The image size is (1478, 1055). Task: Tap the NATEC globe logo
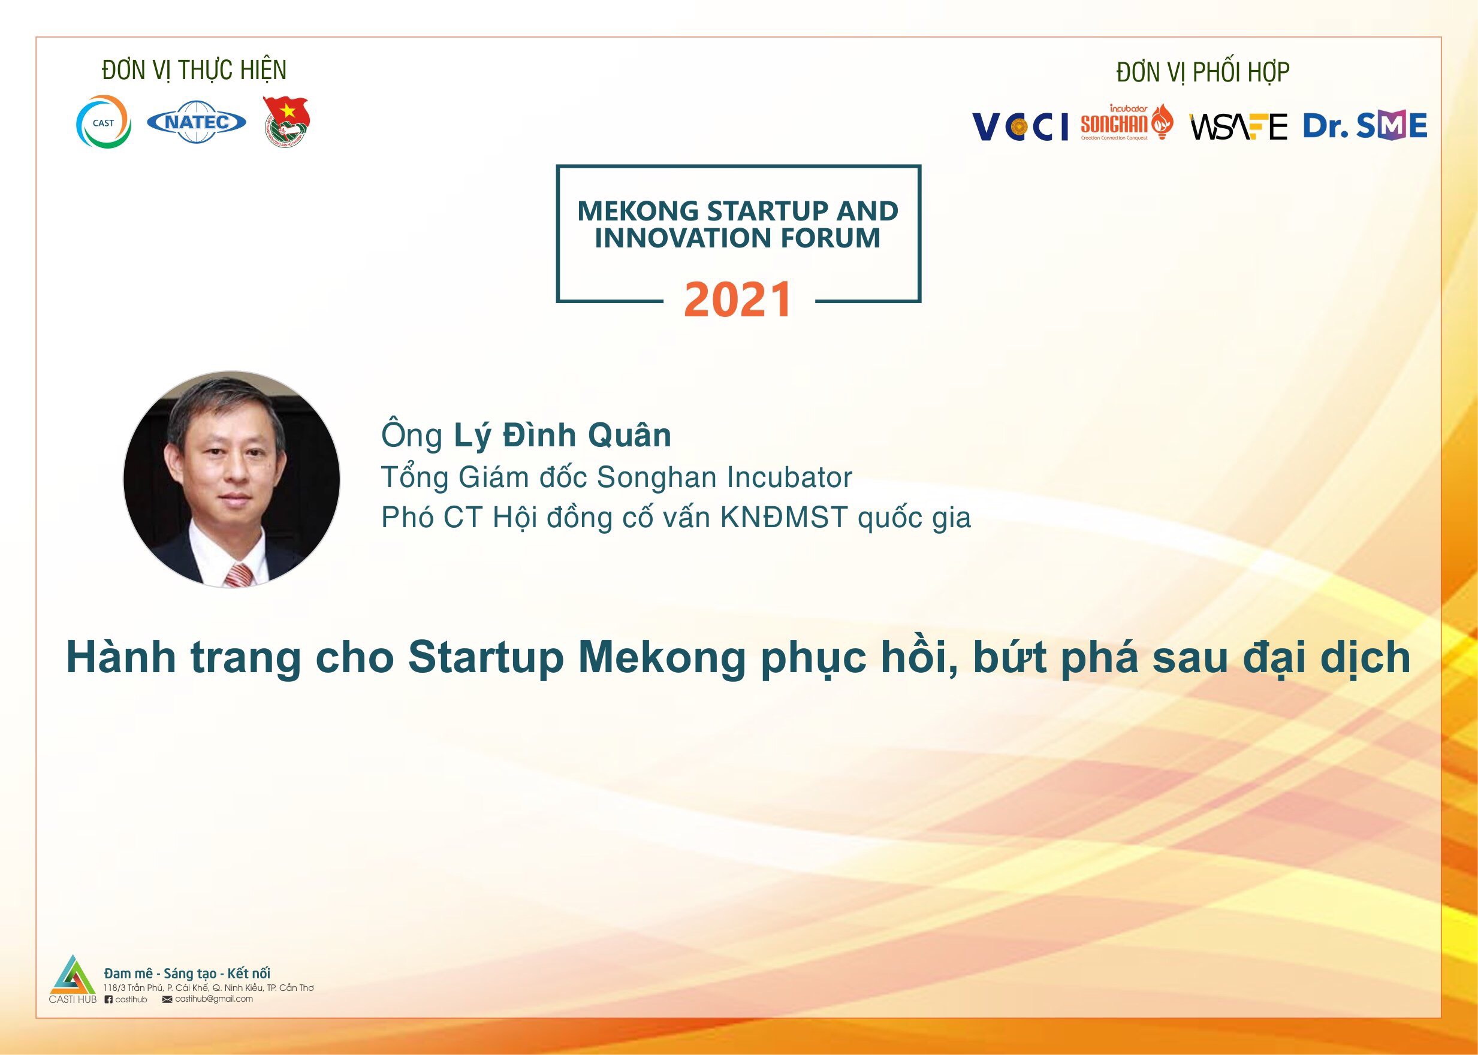(x=196, y=122)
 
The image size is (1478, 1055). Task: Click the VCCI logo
(x=1019, y=126)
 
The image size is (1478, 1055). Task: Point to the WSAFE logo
(x=1238, y=126)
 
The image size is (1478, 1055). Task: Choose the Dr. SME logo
(x=1365, y=125)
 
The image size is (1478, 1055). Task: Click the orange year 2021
(x=738, y=300)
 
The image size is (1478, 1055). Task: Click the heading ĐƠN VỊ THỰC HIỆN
(x=194, y=70)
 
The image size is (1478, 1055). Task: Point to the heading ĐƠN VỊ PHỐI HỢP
(x=1203, y=72)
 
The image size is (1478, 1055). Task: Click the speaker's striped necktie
(x=239, y=575)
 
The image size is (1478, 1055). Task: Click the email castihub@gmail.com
(x=214, y=999)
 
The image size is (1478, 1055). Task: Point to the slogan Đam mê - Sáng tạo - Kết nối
(x=187, y=973)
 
